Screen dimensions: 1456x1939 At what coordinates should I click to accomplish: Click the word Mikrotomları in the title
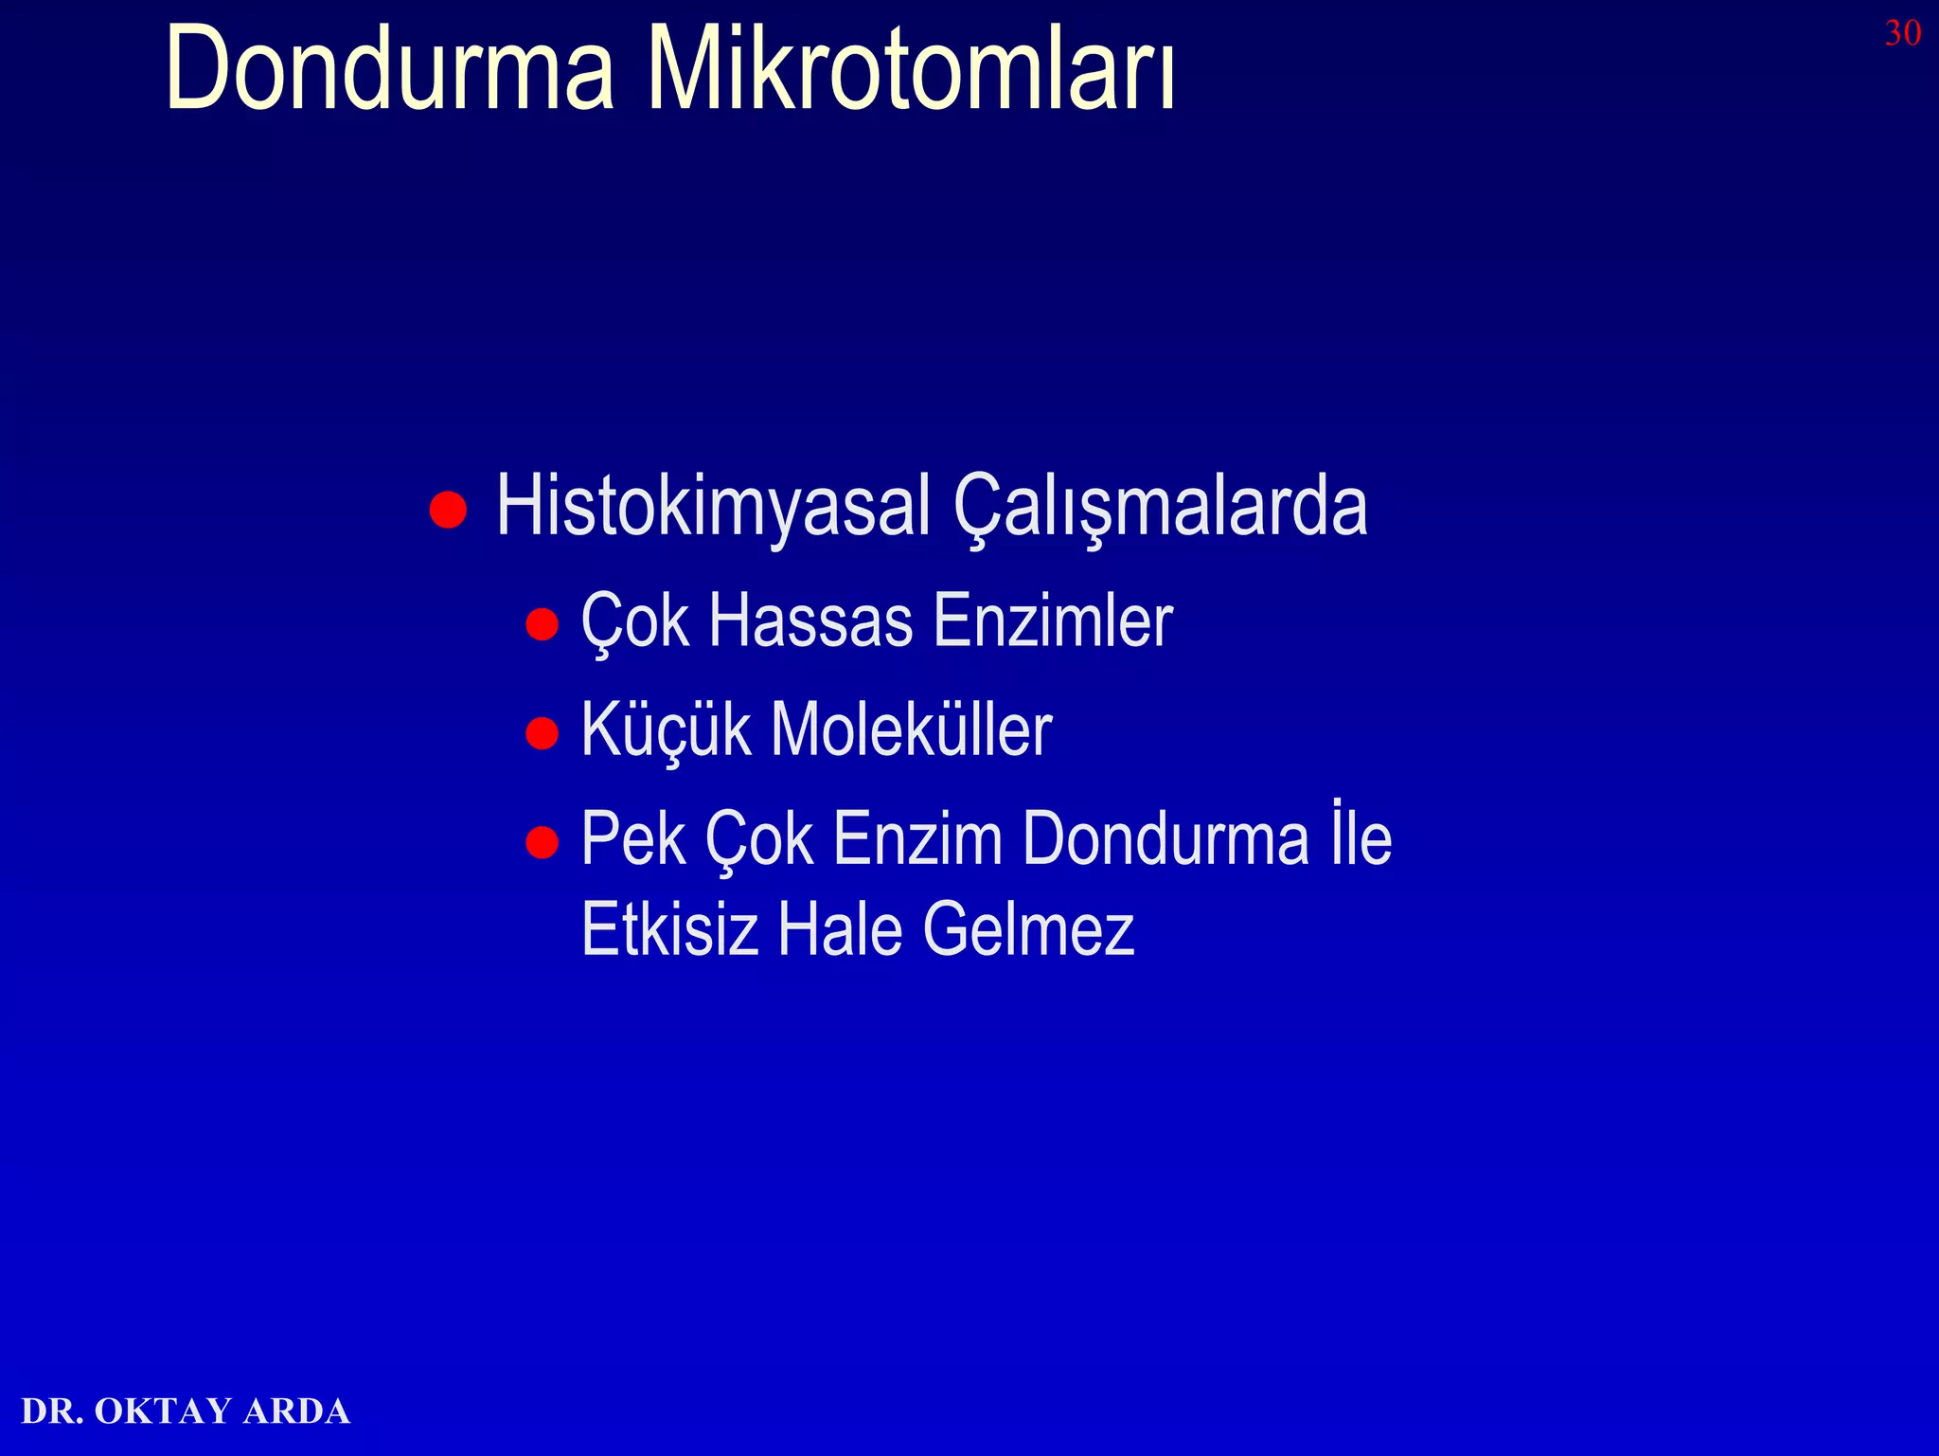[x=911, y=68]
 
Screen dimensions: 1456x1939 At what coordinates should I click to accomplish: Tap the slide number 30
[x=1902, y=34]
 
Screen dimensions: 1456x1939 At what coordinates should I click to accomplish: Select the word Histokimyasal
[x=713, y=507]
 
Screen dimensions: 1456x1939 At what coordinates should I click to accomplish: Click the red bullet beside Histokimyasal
[x=448, y=510]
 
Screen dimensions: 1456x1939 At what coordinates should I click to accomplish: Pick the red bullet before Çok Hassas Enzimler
[x=542, y=625]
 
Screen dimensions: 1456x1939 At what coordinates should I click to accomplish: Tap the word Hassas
[x=810, y=621]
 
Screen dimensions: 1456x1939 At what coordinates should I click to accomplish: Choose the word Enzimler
[x=1053, y=621]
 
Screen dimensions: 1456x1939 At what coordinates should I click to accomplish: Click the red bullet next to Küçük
[x=542, y=733]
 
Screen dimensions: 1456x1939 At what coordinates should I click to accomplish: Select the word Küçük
[x=666, y=730]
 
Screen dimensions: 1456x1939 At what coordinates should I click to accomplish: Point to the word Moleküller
[x=911, y=730]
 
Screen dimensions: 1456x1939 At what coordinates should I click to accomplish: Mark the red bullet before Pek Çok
[x=542, y=842]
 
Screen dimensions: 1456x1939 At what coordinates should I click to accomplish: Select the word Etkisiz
[x=669, y=929]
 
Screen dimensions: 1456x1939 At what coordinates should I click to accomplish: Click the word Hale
[x=840, y=929]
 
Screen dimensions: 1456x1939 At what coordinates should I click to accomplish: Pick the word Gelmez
[x=1028, y=929]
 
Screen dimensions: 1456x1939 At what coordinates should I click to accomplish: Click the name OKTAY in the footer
[x=163, y=1411]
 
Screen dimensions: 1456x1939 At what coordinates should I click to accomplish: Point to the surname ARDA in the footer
[x=296, y=1411]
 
